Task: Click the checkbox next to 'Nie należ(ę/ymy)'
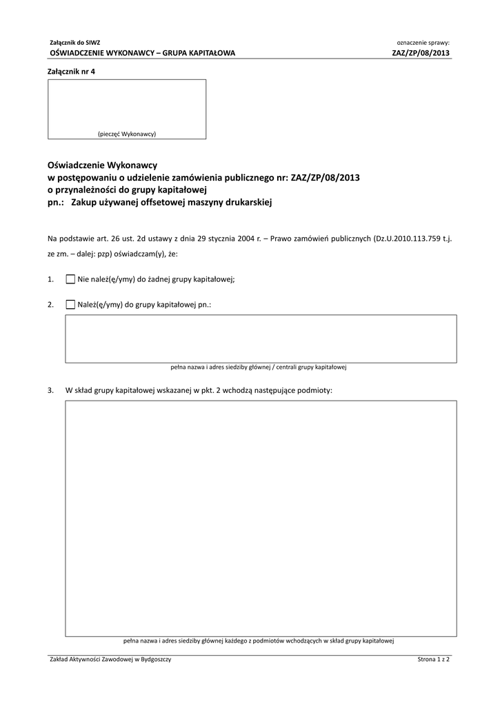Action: pyautogui.click(x=70, y=279)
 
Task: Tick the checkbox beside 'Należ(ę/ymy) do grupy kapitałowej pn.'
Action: pyautogui.click(x=70, y=303)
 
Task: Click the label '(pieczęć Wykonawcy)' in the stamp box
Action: pyautogui.click(x=126, y=133)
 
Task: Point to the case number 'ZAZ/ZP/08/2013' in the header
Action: pyautogui.click(x=421, y=52)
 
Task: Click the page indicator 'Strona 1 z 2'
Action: pyautogui.click(x=433, y=660)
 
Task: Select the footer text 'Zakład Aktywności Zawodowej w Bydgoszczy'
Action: pyautogui.click(x=110, y=660)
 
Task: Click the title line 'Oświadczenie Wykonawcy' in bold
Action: pyautogui.click(x=103, y=165)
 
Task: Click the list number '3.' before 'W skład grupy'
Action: pyautogui.click(x=51, y=390)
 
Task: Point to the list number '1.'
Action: pyautogui.click(x=51, y=279)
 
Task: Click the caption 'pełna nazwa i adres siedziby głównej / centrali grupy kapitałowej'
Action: pyautogui.click(x=258, y=367)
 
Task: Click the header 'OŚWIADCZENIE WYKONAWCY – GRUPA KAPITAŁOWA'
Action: pyautogui.click(x=143, y=52)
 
